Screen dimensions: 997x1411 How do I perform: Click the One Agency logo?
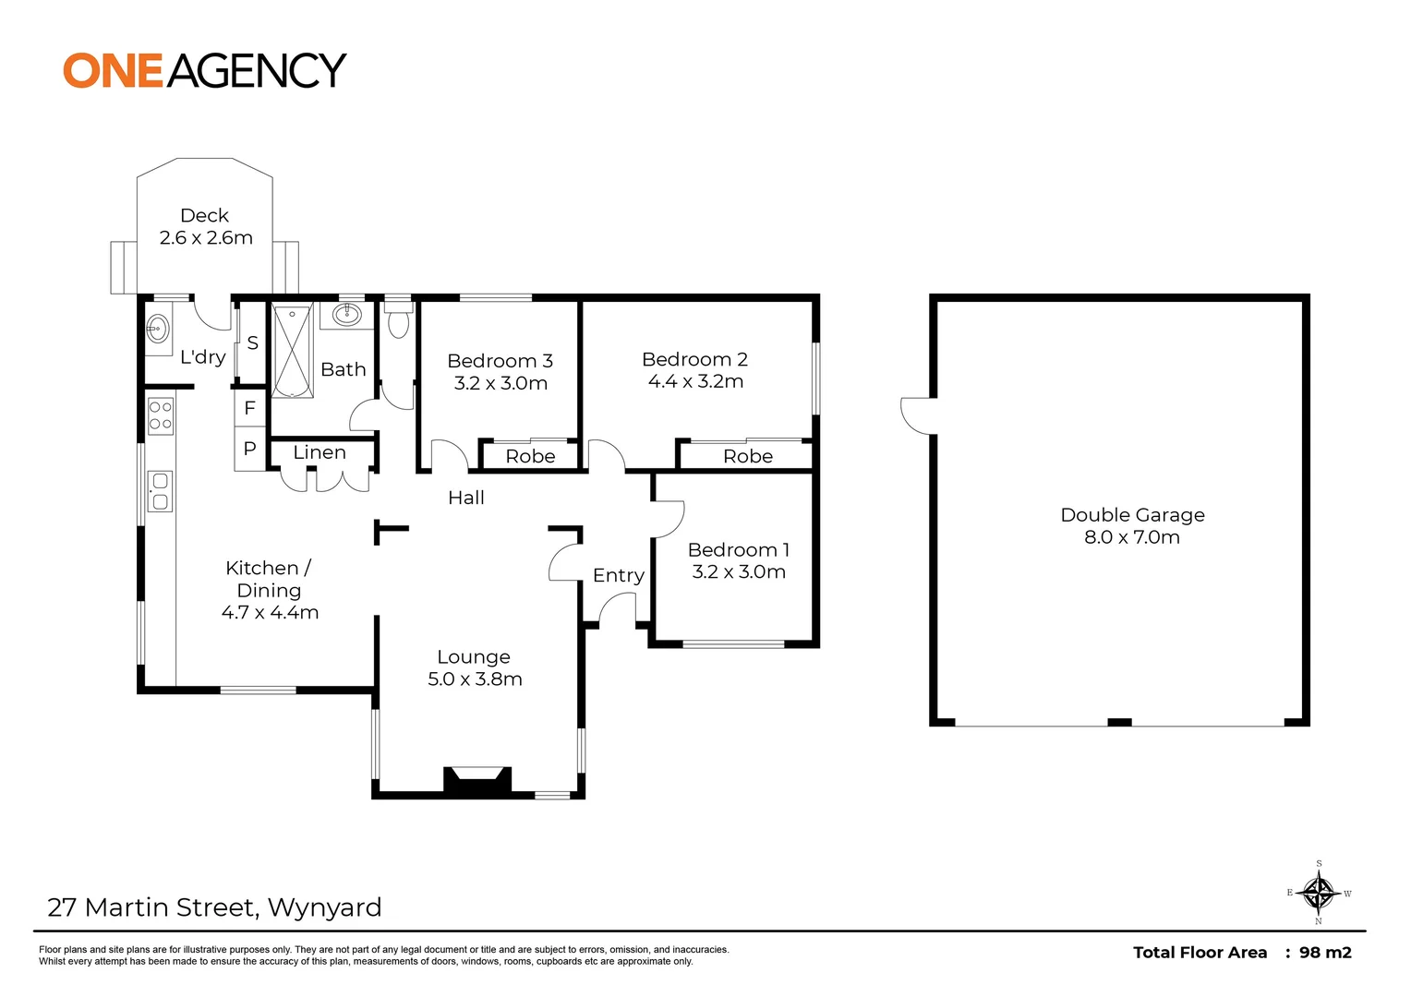point(204,71)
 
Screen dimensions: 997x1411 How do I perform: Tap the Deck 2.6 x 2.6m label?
point(205,227)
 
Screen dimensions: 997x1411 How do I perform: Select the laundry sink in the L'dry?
point(158,327)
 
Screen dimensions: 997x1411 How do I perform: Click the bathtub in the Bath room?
point(292,350)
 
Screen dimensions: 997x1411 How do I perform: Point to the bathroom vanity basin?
point(346,315)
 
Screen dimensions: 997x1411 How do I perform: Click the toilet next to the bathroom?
point(398,323)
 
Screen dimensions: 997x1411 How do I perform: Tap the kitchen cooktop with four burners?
point(161,414)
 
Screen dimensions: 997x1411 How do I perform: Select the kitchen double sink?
point(160,491)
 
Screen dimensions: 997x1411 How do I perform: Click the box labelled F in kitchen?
point(249,408)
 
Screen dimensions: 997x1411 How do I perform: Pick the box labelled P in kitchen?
point(249,450)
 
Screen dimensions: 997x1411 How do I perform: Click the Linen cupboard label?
point(320,452)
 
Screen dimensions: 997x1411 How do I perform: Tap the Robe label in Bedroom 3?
point(530,456)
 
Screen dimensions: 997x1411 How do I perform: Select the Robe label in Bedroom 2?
point(747,456)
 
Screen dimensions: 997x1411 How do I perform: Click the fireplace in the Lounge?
point(477,780)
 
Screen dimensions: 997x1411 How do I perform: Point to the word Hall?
point(465,498)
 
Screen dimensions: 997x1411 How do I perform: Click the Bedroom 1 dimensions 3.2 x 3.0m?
point(739,571)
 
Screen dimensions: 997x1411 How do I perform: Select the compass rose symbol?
point(1318,893)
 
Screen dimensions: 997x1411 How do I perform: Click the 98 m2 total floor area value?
point(1325,953)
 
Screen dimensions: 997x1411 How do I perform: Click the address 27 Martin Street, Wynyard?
point(214,907)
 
